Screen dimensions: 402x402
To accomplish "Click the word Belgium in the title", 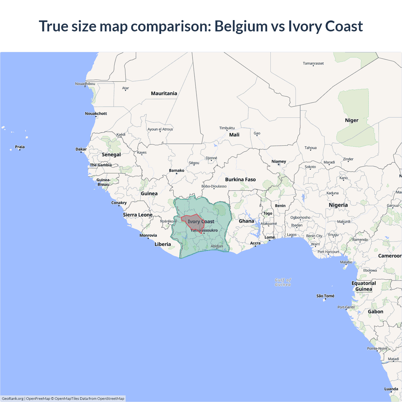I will click(241, 26).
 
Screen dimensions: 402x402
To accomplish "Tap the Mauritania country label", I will click(164, 93).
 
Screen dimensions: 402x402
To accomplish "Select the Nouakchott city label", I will click(96, 113).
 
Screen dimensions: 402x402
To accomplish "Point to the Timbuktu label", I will click(227, 128).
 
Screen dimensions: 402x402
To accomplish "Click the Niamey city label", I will click(279, 161).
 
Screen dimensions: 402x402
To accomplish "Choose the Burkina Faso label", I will click(240, 179).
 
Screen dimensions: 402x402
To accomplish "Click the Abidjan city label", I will click(217, 246).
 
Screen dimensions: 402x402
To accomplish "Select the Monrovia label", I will click(148, 235).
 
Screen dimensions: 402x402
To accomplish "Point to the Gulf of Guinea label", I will click(283, 282).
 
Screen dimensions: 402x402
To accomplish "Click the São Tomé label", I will click(325, 296).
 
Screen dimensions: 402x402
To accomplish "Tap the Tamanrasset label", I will click(313, 63).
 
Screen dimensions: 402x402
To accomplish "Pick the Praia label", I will click(19, 147).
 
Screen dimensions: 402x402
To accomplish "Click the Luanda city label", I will click(391, 389).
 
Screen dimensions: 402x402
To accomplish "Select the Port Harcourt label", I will click(328, 252).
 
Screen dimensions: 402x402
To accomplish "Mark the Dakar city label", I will click(81, 149).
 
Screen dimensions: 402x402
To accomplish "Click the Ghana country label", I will click(246, 221).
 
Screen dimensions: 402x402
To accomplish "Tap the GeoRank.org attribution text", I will click(13, 399).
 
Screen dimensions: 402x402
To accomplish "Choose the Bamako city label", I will click(177, 171).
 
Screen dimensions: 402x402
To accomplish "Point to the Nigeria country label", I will click(338, 205).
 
